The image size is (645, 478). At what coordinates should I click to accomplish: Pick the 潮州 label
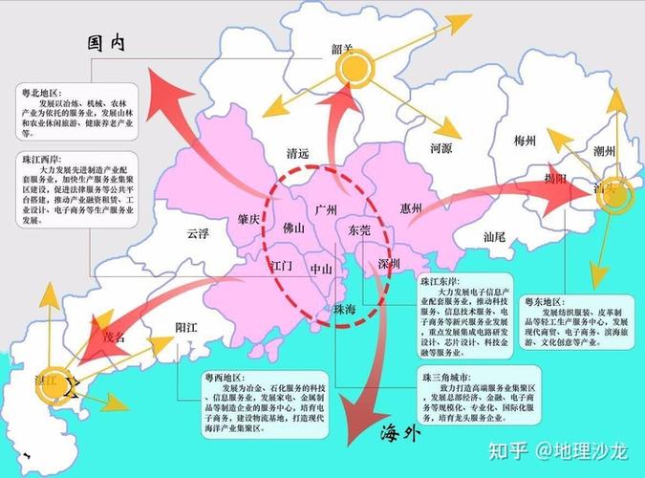[x=603, y=150]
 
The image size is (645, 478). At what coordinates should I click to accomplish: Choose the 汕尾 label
[x=494, y=235]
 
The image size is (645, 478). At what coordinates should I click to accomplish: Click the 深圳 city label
[x=389, y=263]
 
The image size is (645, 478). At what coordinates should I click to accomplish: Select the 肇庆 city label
[x=250, y=219]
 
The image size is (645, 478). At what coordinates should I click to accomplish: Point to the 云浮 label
[x=198, y=233]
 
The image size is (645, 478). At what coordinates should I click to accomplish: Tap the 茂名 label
[x=113, y=337]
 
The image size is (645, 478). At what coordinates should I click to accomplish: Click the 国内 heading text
[x=107, y=43]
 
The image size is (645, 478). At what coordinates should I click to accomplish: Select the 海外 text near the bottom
[x=400, y=432]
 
